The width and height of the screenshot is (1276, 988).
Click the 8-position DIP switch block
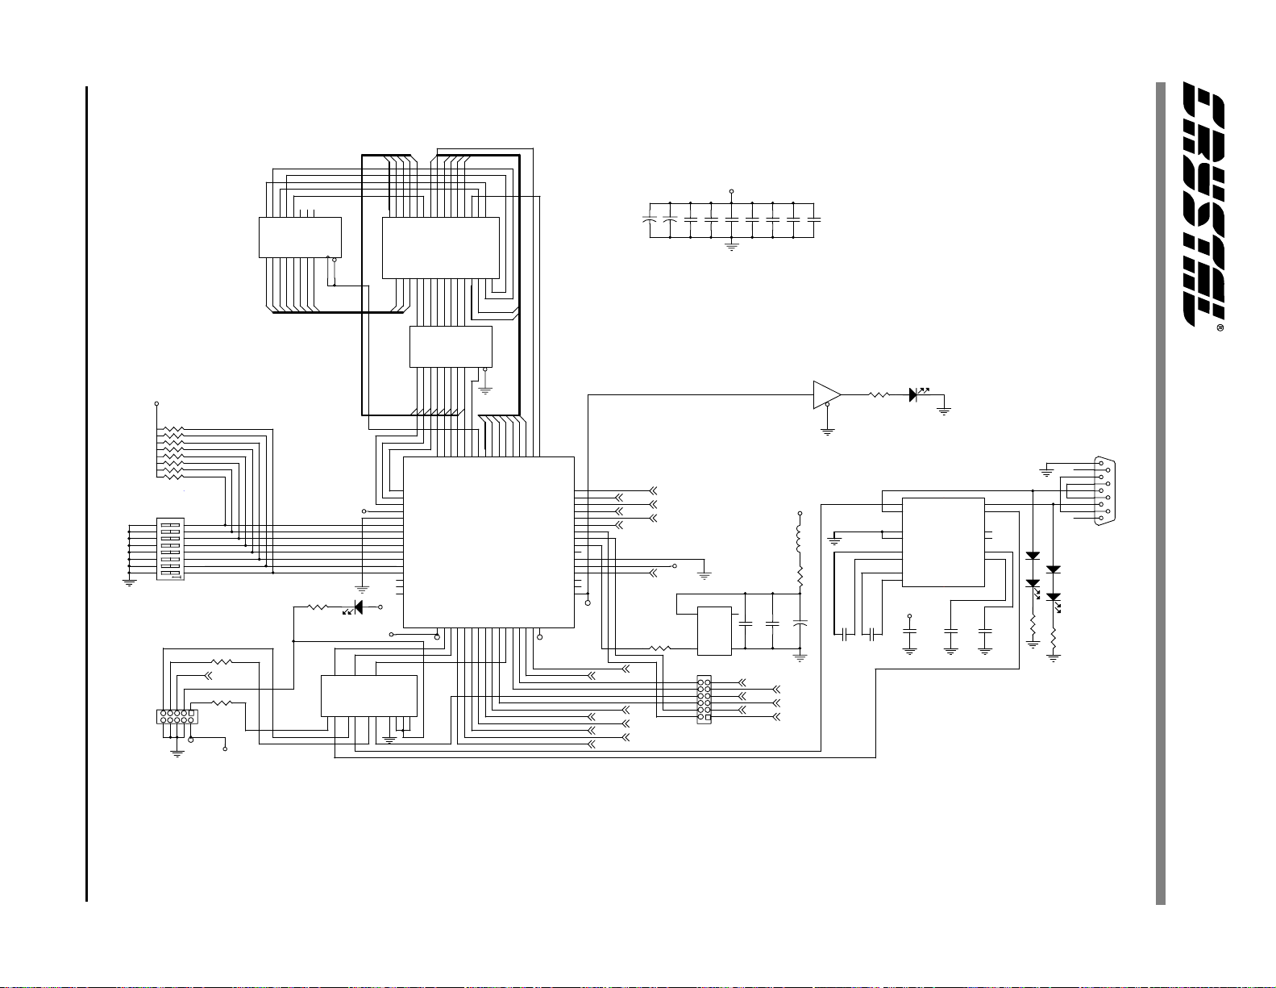point(170,548)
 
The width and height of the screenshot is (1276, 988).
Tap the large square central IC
point(488,542)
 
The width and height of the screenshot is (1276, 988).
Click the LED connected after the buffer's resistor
point(915,394)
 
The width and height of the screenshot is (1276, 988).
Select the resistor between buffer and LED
point(879,394)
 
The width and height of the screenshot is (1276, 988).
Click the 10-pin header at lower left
point(177,716)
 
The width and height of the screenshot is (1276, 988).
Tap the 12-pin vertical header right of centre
point(704,699)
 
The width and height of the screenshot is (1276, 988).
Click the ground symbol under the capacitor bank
point(732,246)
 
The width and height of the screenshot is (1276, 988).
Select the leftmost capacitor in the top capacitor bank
point(650,219)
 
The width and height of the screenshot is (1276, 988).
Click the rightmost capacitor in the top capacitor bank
point(814,219)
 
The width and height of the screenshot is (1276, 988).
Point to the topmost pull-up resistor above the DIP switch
point(172,430)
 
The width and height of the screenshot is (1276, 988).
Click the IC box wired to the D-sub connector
point(943,542)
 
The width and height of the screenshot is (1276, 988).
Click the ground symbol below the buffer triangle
point(827,431)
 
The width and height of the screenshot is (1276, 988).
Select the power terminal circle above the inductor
point(800,512)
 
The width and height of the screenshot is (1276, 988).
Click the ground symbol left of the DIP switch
point(129,582)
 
